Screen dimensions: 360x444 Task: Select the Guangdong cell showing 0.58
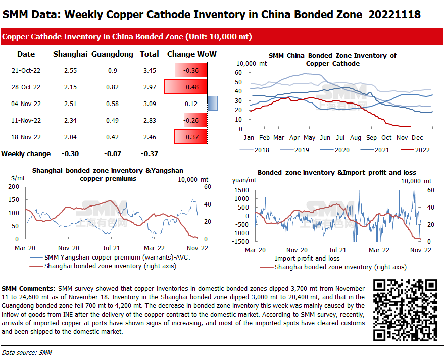[112, 104]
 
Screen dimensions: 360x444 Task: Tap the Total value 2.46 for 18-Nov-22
[149, 137]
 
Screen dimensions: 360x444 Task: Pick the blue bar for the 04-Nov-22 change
[212, 104]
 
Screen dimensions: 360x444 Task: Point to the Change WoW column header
[191, 54]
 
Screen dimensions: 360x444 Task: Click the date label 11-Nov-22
[26, 121]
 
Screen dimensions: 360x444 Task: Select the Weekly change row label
[26, 153]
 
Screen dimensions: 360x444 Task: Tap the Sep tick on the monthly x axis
[371, 138]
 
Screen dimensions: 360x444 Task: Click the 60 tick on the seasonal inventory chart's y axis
[239, 73]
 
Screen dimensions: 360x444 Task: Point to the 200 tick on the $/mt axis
[14, 187]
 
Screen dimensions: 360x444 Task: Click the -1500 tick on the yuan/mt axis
[240, 242]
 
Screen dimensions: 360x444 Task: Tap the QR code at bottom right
[405, 309]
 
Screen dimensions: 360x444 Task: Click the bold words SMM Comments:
[29, 287]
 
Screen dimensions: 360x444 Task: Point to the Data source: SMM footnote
[27, 352]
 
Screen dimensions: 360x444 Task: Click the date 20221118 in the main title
[395, 15]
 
